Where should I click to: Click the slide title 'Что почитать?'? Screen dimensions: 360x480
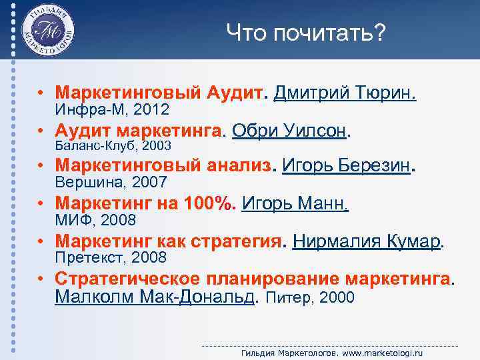click(x=305, y=32)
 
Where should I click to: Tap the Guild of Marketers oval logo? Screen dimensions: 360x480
click(x=47, y=31)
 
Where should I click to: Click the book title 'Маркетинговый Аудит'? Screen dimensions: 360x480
click(x=159, y=92)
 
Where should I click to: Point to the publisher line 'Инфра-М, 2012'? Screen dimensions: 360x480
click(x=112, y=109)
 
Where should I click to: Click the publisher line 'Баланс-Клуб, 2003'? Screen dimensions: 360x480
click(x=113, y=145)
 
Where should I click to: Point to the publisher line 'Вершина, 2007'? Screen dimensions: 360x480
click(x=111, y=182)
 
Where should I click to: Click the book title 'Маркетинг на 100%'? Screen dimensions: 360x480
click(x=145, y=203)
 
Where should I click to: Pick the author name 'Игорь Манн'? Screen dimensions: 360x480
click(x=295, y=203)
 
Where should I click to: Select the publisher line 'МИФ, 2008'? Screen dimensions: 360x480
click(x=95, y=219)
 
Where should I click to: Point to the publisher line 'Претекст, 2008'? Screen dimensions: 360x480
click(x=111, y=257)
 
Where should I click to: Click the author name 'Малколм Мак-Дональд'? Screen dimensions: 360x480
click(x=155, y=296)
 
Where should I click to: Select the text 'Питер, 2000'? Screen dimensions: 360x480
click(x=310, y=297)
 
